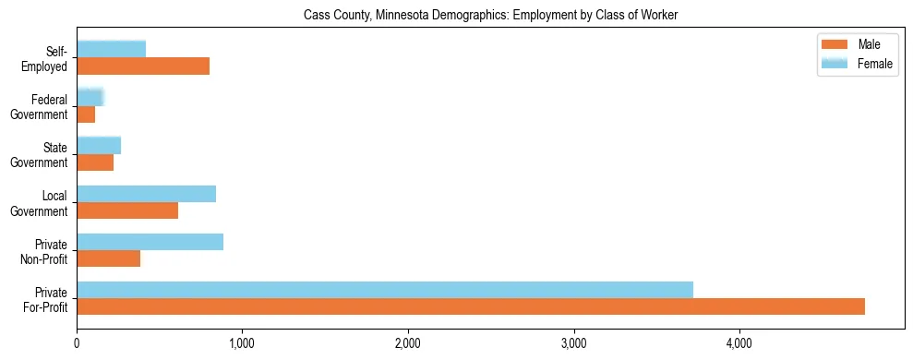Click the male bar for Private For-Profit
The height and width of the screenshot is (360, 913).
[471, 306]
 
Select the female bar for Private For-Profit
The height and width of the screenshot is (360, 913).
[385, 290]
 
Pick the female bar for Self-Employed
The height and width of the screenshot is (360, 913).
[112, 49]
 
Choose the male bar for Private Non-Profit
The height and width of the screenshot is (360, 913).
[109, 258]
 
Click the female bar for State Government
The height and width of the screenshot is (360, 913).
[99, 145]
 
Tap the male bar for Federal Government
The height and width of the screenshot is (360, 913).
[86, 114]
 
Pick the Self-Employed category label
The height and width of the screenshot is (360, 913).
[45, 59]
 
